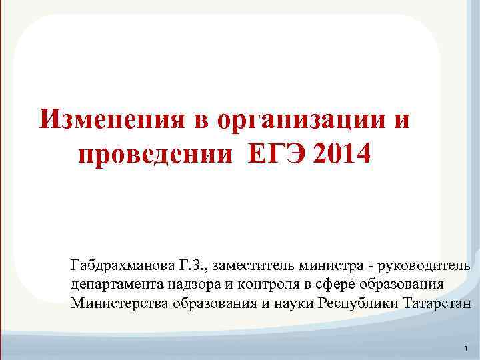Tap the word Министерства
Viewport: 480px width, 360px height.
pos(118,303)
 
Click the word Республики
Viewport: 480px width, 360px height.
pos(359,303)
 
